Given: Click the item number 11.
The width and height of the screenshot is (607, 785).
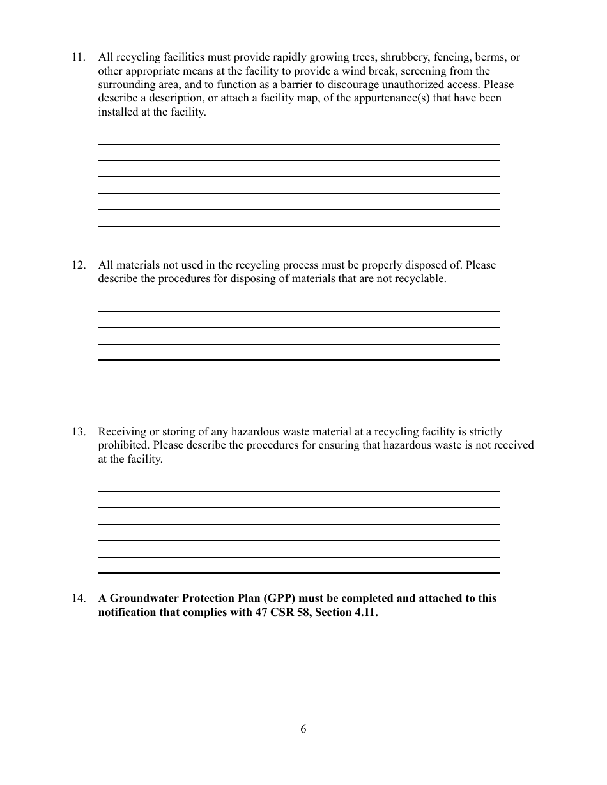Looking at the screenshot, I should [x=78, y=57].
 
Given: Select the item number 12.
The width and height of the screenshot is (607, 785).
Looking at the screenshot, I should [x=78, y=265].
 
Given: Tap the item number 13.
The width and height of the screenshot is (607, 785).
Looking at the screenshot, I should [x=78, y=432].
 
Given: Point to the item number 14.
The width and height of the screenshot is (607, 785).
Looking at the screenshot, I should [x=78, y=599].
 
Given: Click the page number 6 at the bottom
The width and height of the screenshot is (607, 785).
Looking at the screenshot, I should [x=303, y=729].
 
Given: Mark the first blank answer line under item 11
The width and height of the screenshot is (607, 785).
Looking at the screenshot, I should [x=298, y=144].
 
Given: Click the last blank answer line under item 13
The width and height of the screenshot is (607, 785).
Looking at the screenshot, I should [x=298, y=572].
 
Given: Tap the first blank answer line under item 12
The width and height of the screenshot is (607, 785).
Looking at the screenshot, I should [x=298, y=311].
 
